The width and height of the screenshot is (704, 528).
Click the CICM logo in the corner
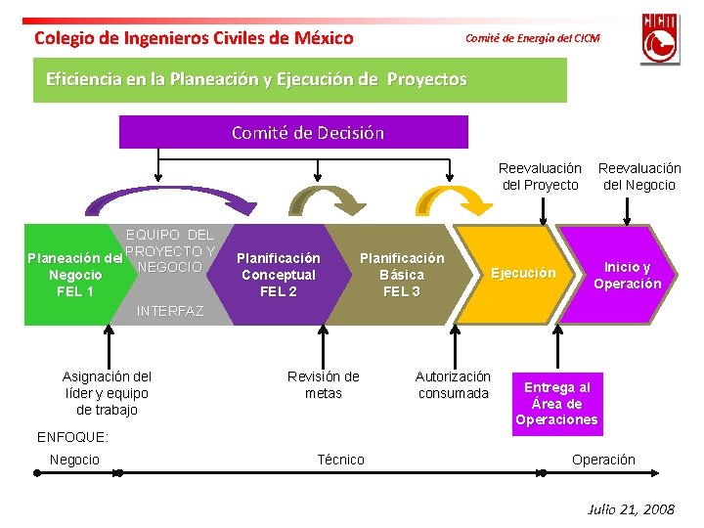pos(660,38)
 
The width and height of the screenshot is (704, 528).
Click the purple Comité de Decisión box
pos(293,132)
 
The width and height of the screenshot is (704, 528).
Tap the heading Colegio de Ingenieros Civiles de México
pos(194,38)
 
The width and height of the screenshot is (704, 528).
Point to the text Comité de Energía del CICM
pos(532,38)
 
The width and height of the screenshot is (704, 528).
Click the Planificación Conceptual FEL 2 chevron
pos(279,275)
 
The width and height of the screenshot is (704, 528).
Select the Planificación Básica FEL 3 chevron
pos(402,275)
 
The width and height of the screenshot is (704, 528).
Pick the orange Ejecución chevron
pos(522,274)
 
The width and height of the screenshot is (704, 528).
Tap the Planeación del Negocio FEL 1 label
pos(74,275)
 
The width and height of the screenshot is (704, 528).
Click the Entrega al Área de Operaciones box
pos(557,404)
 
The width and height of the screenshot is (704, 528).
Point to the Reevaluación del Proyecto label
pos(540,177)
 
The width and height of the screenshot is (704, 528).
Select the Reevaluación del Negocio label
pos(639,177)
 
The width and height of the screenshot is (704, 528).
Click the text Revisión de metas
pos(323,384)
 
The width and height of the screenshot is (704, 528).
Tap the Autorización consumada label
pos(453,384)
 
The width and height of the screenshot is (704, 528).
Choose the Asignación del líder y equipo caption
pos(107,392)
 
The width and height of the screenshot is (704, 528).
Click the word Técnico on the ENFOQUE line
pos(341,460)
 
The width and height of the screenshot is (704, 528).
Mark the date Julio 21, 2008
pos(631,509)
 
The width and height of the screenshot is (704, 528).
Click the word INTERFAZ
pos(170,312)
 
